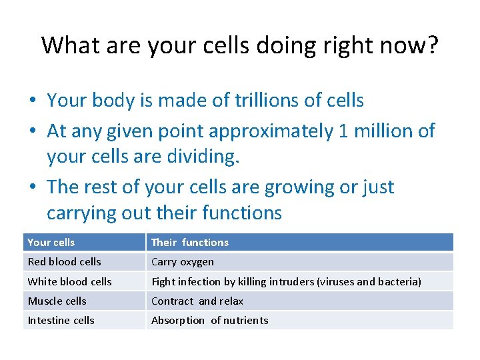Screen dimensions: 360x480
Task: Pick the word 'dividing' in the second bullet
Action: (x=231, y=157)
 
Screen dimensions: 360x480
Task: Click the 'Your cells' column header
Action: (x=51, y=242)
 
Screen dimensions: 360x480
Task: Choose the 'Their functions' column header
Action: (x=189, y=242)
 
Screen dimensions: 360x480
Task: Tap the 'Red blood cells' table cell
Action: (x=64, y=262)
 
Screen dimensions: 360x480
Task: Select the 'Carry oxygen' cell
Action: (x=182, y=262)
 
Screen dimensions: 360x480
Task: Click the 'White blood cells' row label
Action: (x=69, y=281)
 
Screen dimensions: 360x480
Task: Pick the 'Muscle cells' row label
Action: (x=57, y=301)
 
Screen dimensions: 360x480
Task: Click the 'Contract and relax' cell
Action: (x=197, y=301)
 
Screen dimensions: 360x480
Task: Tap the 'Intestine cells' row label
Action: (x=61, y=320)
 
